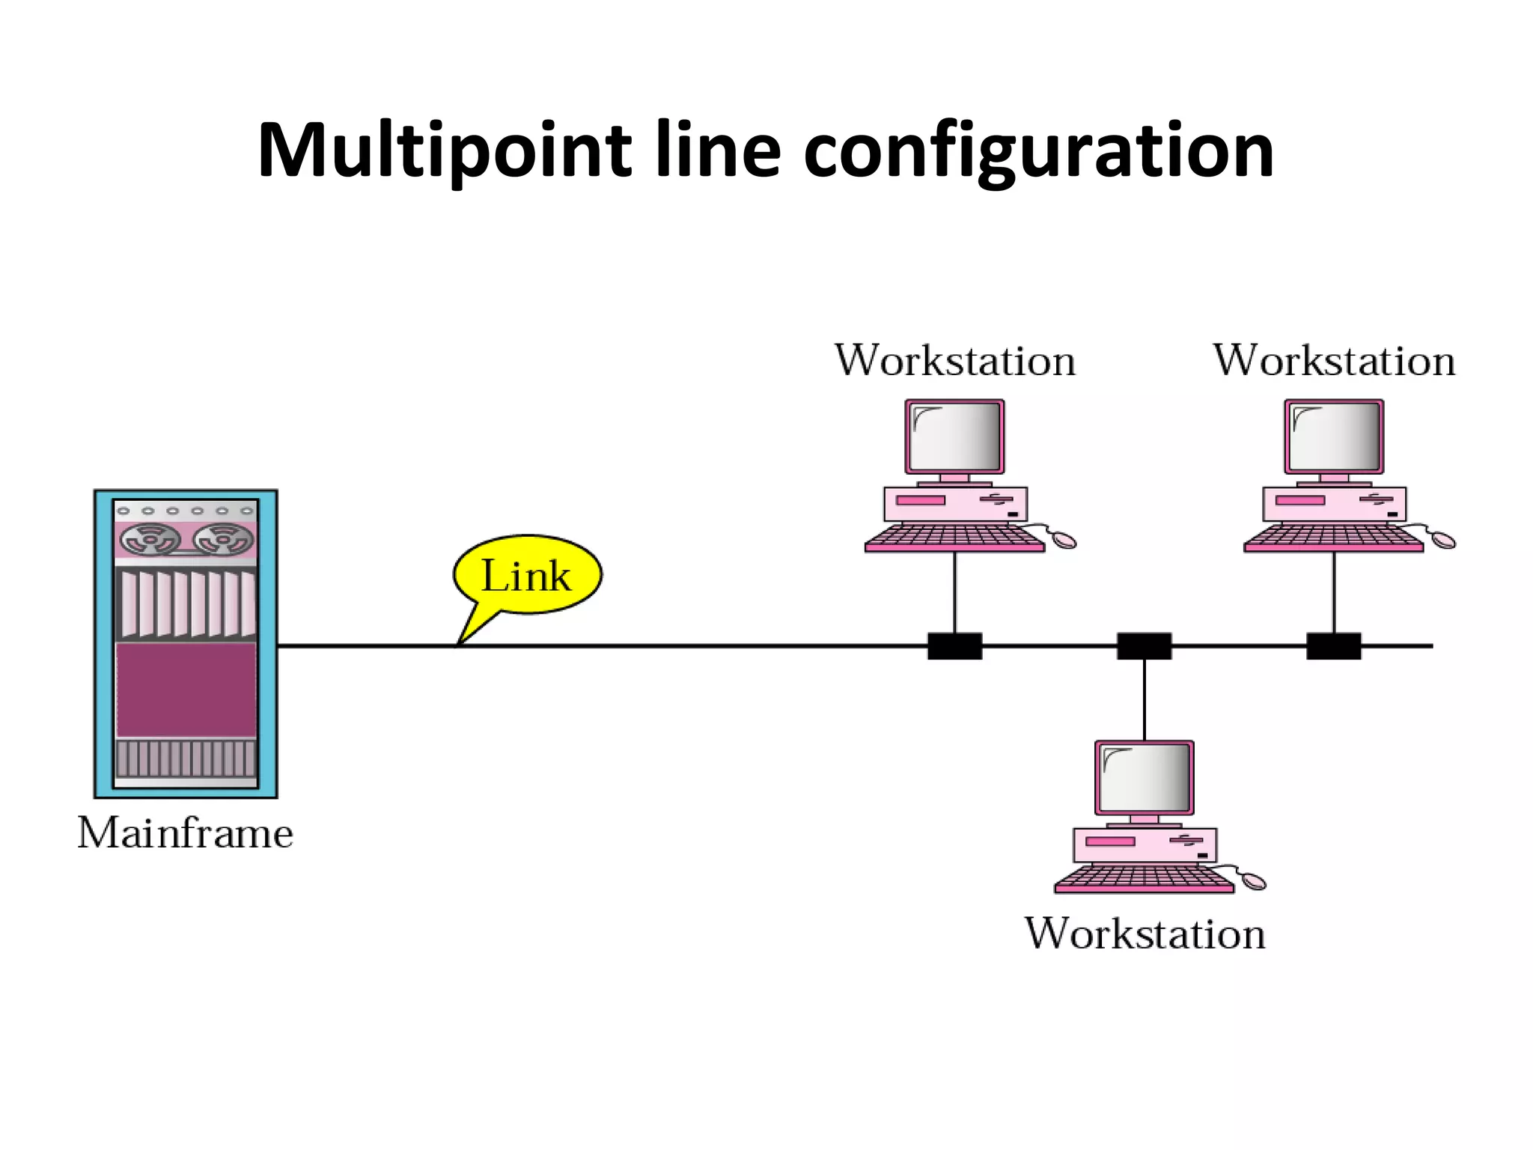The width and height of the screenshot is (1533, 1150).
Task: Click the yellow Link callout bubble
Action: [x=528, y=575]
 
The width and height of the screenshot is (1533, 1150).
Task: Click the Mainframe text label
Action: [x=186, y=833]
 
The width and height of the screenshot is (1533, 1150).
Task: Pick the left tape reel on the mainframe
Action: [x=150, y=539]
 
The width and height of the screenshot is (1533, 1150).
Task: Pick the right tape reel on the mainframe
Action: [x=223, y=539]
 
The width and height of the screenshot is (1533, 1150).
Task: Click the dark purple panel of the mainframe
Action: [x=186, y=690]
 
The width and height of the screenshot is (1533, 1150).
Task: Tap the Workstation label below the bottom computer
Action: [x=1145, y=934]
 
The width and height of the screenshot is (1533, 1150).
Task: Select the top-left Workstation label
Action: [x=955, y=361]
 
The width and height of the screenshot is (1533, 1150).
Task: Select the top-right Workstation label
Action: [x=1334, y=361]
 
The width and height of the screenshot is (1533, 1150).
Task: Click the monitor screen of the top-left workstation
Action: [x=955, y=436]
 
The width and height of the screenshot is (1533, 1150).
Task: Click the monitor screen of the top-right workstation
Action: [x=1335, y=436]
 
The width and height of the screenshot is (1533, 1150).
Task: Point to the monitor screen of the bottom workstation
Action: [x=1145, y=778]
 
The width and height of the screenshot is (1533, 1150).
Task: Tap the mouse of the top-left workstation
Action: [x=1061, y=538]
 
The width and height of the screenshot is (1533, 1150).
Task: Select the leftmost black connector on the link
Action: [x=954, y=645]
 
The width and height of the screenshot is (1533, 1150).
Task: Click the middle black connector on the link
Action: [x=1145, y=645]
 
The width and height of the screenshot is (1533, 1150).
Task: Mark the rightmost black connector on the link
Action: [x=1334, y=645]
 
